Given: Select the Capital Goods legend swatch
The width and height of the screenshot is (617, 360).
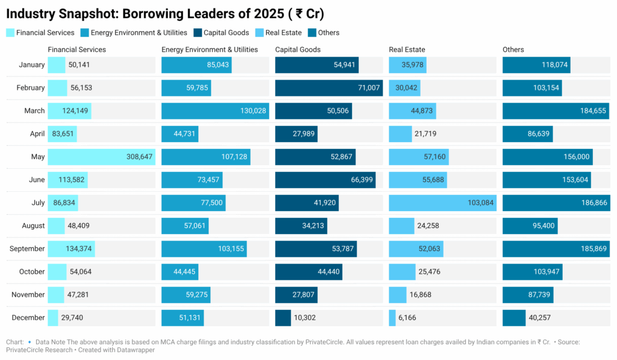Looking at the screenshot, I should click(198, 33).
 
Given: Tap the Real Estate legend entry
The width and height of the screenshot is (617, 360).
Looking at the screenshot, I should click(280, 33).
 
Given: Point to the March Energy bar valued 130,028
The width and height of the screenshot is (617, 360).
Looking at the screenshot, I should click(215, 111).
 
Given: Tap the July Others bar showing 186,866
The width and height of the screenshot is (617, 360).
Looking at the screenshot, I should click(556, 203).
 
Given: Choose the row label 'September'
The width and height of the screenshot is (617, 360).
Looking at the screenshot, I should click(27, 248).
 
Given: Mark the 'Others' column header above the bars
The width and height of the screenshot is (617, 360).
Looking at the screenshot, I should click(513, 49).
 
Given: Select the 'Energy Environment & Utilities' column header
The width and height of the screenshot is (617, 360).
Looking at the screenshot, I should click(210, 49).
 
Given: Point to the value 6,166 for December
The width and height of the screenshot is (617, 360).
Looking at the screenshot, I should click(409, 318).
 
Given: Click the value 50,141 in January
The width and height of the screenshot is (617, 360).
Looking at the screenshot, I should click(79, 65).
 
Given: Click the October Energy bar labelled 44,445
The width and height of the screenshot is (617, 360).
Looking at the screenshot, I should click(180, 272).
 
